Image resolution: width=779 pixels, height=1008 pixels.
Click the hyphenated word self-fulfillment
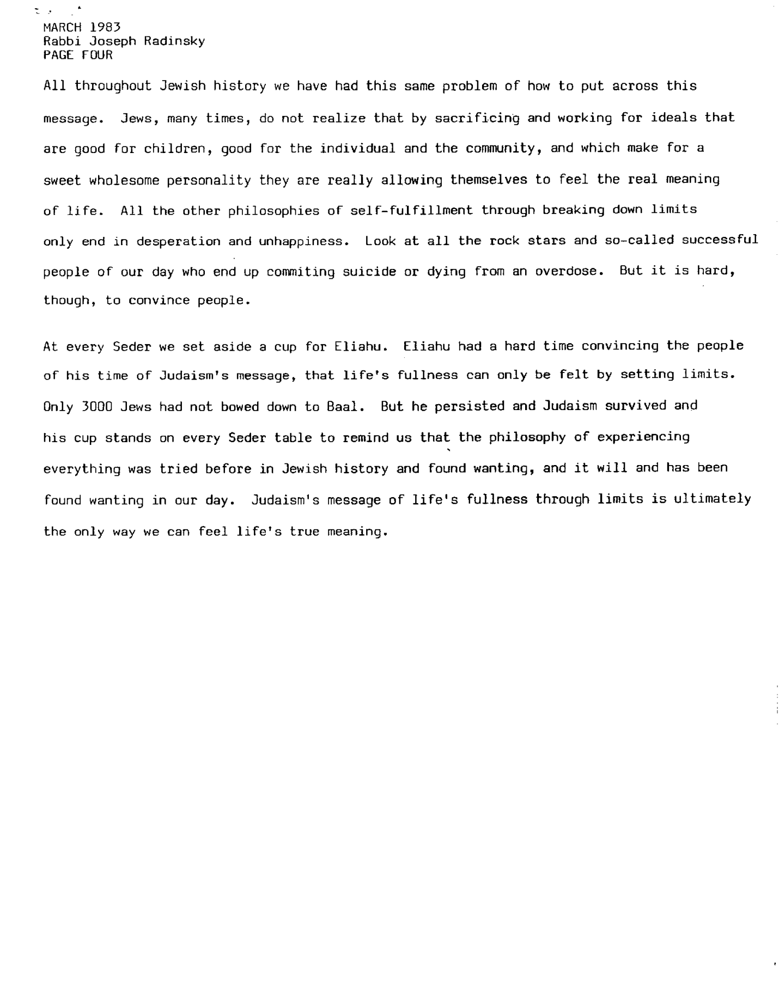[x=411, y=210]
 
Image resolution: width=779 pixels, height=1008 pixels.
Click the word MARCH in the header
[x=62, y=27]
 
